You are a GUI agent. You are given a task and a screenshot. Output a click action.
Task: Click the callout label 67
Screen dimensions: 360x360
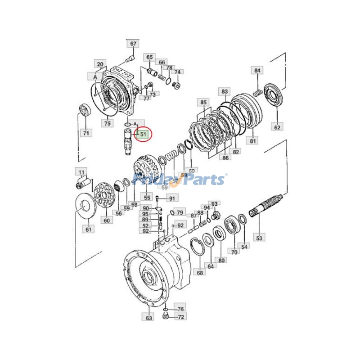tap(133, 44)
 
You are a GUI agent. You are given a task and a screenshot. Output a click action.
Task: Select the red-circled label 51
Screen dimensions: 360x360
tap(143, 134)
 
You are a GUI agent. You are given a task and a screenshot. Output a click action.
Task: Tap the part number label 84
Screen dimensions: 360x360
tap(257, 70)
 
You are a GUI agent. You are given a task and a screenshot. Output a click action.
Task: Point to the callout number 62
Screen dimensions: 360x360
tap(277, 127)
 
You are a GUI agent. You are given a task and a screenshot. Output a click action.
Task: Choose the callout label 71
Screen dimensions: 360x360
tap(85, 133)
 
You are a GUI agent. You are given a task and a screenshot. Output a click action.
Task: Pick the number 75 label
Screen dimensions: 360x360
tap(107, 123)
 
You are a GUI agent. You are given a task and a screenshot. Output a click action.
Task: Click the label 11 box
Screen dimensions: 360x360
tap(81, 172)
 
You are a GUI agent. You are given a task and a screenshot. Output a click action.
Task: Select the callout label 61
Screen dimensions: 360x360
tap(88, 229)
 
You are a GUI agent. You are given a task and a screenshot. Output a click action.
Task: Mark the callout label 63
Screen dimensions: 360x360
tap(149, 318)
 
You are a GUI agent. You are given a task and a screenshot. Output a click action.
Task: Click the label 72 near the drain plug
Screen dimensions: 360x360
tap(180, 317)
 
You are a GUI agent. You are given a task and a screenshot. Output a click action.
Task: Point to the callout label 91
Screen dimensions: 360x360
tap(172, 198)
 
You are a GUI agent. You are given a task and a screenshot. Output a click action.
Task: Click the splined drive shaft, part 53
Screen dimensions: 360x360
tap(266, 205)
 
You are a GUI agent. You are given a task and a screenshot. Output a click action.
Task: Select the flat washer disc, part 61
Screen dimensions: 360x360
tap(83, 206)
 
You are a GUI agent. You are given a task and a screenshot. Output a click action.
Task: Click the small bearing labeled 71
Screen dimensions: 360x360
tap(85, 110)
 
